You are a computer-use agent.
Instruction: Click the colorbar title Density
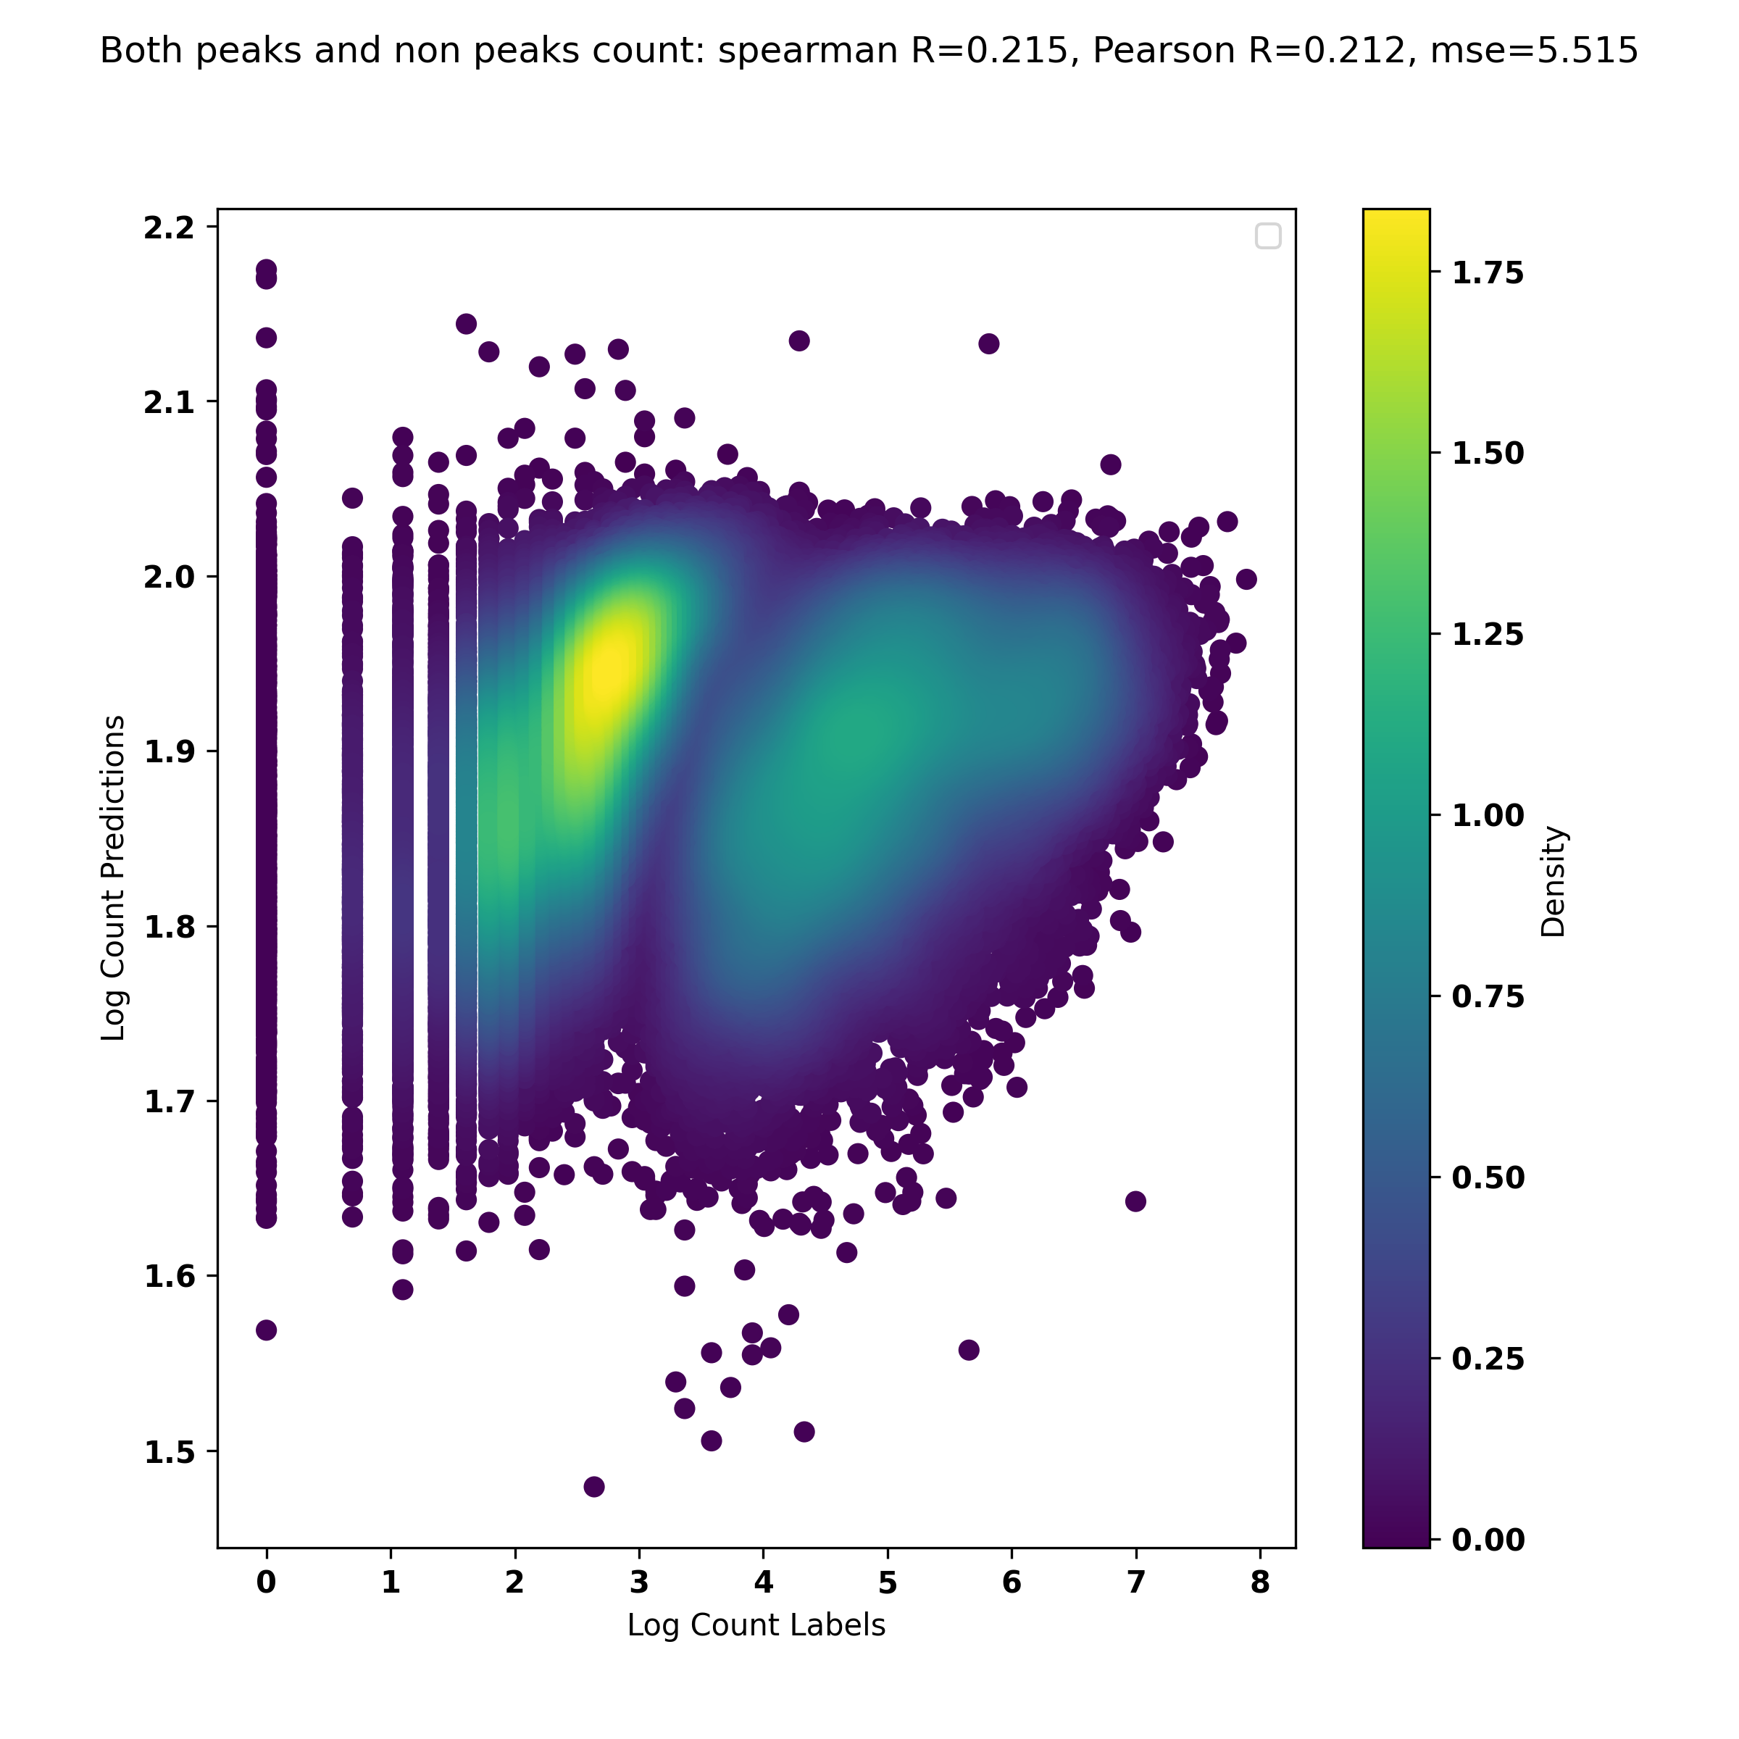(x=1554, y=882)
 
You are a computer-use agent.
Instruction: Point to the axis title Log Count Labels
(x=756, y=1625)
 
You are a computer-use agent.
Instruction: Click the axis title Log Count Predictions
(x=114, y=877)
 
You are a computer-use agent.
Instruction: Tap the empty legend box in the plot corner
(x=1267, y=235)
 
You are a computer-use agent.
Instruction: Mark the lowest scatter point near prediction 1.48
(x=594, y=1486)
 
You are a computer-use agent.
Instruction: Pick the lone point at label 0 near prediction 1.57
(x=265, y=1330)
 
